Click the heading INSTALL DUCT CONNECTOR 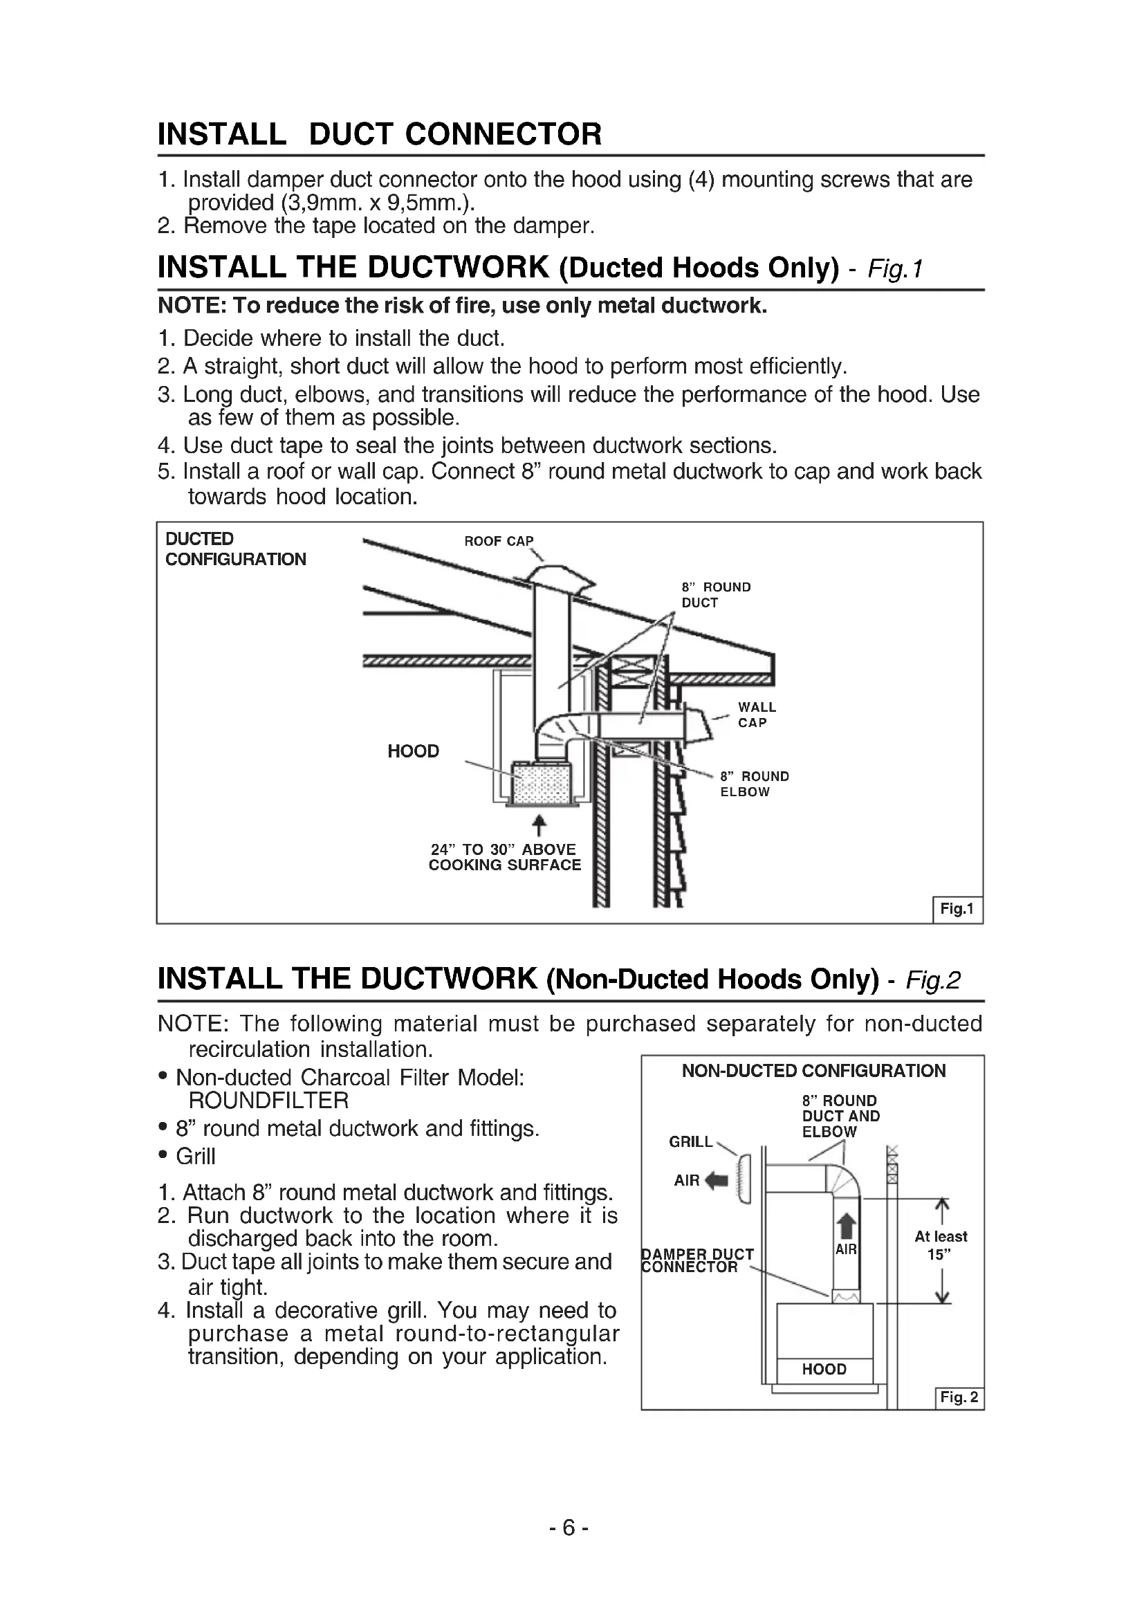[x=380, y=134]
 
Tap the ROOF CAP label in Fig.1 [x=498, y=540]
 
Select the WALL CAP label [x=757, y=715]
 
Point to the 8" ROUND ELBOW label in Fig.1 [x=754, y=784]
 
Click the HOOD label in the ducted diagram [x=413, y=751]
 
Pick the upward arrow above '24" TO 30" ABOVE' [x=539, y=825]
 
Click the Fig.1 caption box [x=957, y=909]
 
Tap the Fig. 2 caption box [x=959, y=1397]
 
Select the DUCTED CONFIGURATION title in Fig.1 [x=235, y=549]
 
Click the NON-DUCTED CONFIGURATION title [x=813, y=1071]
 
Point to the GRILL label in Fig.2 [x=690, y=1141]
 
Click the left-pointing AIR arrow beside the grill [x=716, y=1180]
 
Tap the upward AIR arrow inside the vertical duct [x=847, y=1227]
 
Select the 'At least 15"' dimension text [x=941, y=1245]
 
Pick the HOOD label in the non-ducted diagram [x=824, y=1369]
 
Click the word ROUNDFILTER [x=268, y=1100]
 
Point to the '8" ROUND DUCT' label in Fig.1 [x=715, y=595]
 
